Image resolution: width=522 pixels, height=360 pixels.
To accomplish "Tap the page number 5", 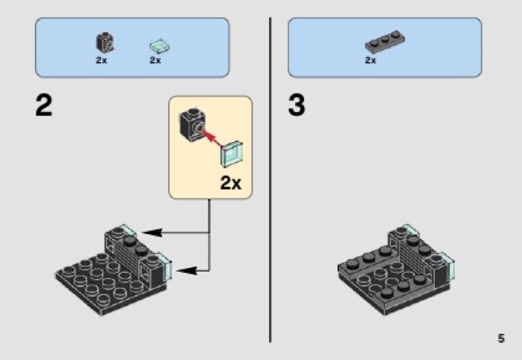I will [500, 339].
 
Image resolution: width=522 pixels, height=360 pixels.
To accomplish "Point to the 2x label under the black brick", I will [102, 61].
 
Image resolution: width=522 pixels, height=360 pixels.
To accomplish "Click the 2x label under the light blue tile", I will [155, 61].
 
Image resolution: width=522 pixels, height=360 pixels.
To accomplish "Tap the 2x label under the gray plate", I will [370, 61].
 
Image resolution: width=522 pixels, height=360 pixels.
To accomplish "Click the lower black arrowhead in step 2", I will [183, 267].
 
